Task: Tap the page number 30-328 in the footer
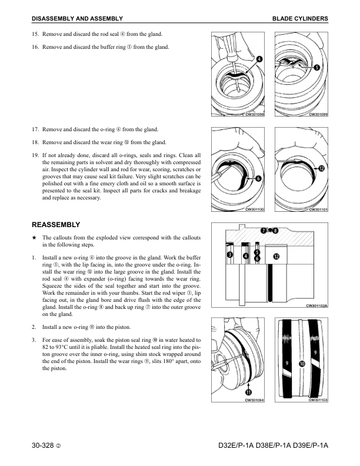pyautogui.click(x=43, y=448)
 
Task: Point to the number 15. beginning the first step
pyautogui.click(x=35, y=35)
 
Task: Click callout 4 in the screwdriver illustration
pyautogui.click(x=259, y=59)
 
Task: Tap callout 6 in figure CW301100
pyautogui.click(x=258, y=178)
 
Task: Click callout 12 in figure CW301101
pyautogui.click(x=321, y=168)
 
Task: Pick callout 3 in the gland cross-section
pyautogui.click(x=230, y=254)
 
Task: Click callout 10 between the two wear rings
pyautogui.click(x=302, y=364)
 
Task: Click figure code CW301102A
pyautogui.click(x=316, y=306)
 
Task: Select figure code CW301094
pyautogui.click(x=254, y=400)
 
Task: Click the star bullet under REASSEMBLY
pyautogui.click(x=35, y=237)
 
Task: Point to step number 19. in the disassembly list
pyautogui.click(x=35, y=155)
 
